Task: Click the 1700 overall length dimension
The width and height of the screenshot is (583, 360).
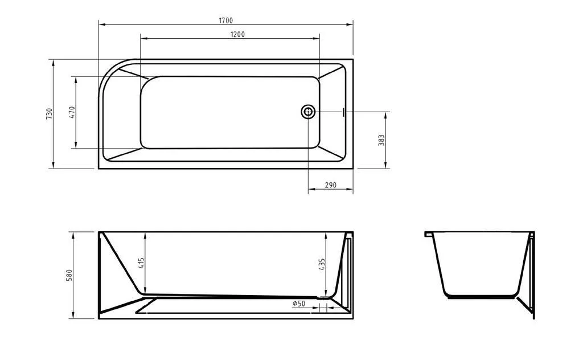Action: tap(225, 21)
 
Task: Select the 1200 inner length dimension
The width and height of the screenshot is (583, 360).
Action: tap(237, 34)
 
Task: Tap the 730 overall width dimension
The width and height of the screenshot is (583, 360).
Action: tap(50, 114)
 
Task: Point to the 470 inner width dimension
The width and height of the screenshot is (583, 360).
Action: tap(72, 112)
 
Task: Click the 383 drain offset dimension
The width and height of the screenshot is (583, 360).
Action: tap(381, 140)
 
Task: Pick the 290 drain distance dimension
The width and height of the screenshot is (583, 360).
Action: tap(331, 185)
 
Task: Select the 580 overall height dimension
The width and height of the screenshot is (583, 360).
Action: tap(69, 275)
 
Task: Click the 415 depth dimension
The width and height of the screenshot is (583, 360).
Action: tap(141, 263)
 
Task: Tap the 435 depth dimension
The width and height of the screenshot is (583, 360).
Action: tap(322, 264)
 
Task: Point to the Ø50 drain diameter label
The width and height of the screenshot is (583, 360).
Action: tap(298, 304)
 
